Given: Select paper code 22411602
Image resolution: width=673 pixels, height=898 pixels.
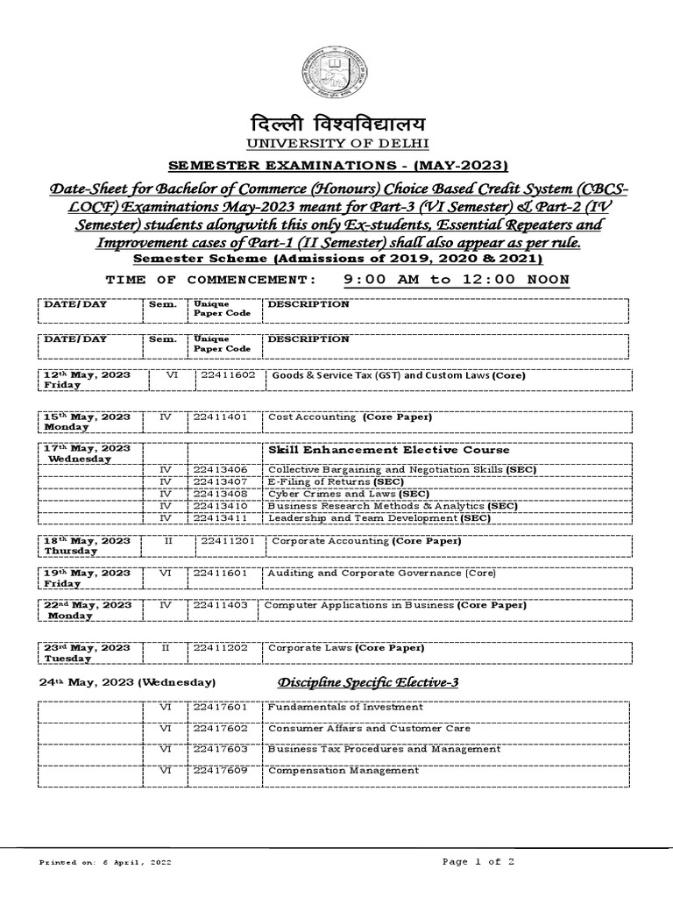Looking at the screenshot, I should (x=228, y=375).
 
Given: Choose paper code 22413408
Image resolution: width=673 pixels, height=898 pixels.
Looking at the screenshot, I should (x=221, y=495).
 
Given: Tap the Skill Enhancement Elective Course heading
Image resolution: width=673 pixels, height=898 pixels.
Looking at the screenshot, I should (x=376, y=449).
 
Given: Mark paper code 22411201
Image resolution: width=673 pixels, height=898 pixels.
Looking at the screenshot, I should (x=228, y=542).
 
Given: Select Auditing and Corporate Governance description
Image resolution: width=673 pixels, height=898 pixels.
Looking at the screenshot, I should (x=381, y=574).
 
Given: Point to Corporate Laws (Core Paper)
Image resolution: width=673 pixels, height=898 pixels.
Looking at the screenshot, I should (x=345, y=648).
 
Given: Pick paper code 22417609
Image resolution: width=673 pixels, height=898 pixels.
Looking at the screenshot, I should (x=221, y=771).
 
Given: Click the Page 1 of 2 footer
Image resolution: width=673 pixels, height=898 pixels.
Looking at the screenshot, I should (x=478, y=862).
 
